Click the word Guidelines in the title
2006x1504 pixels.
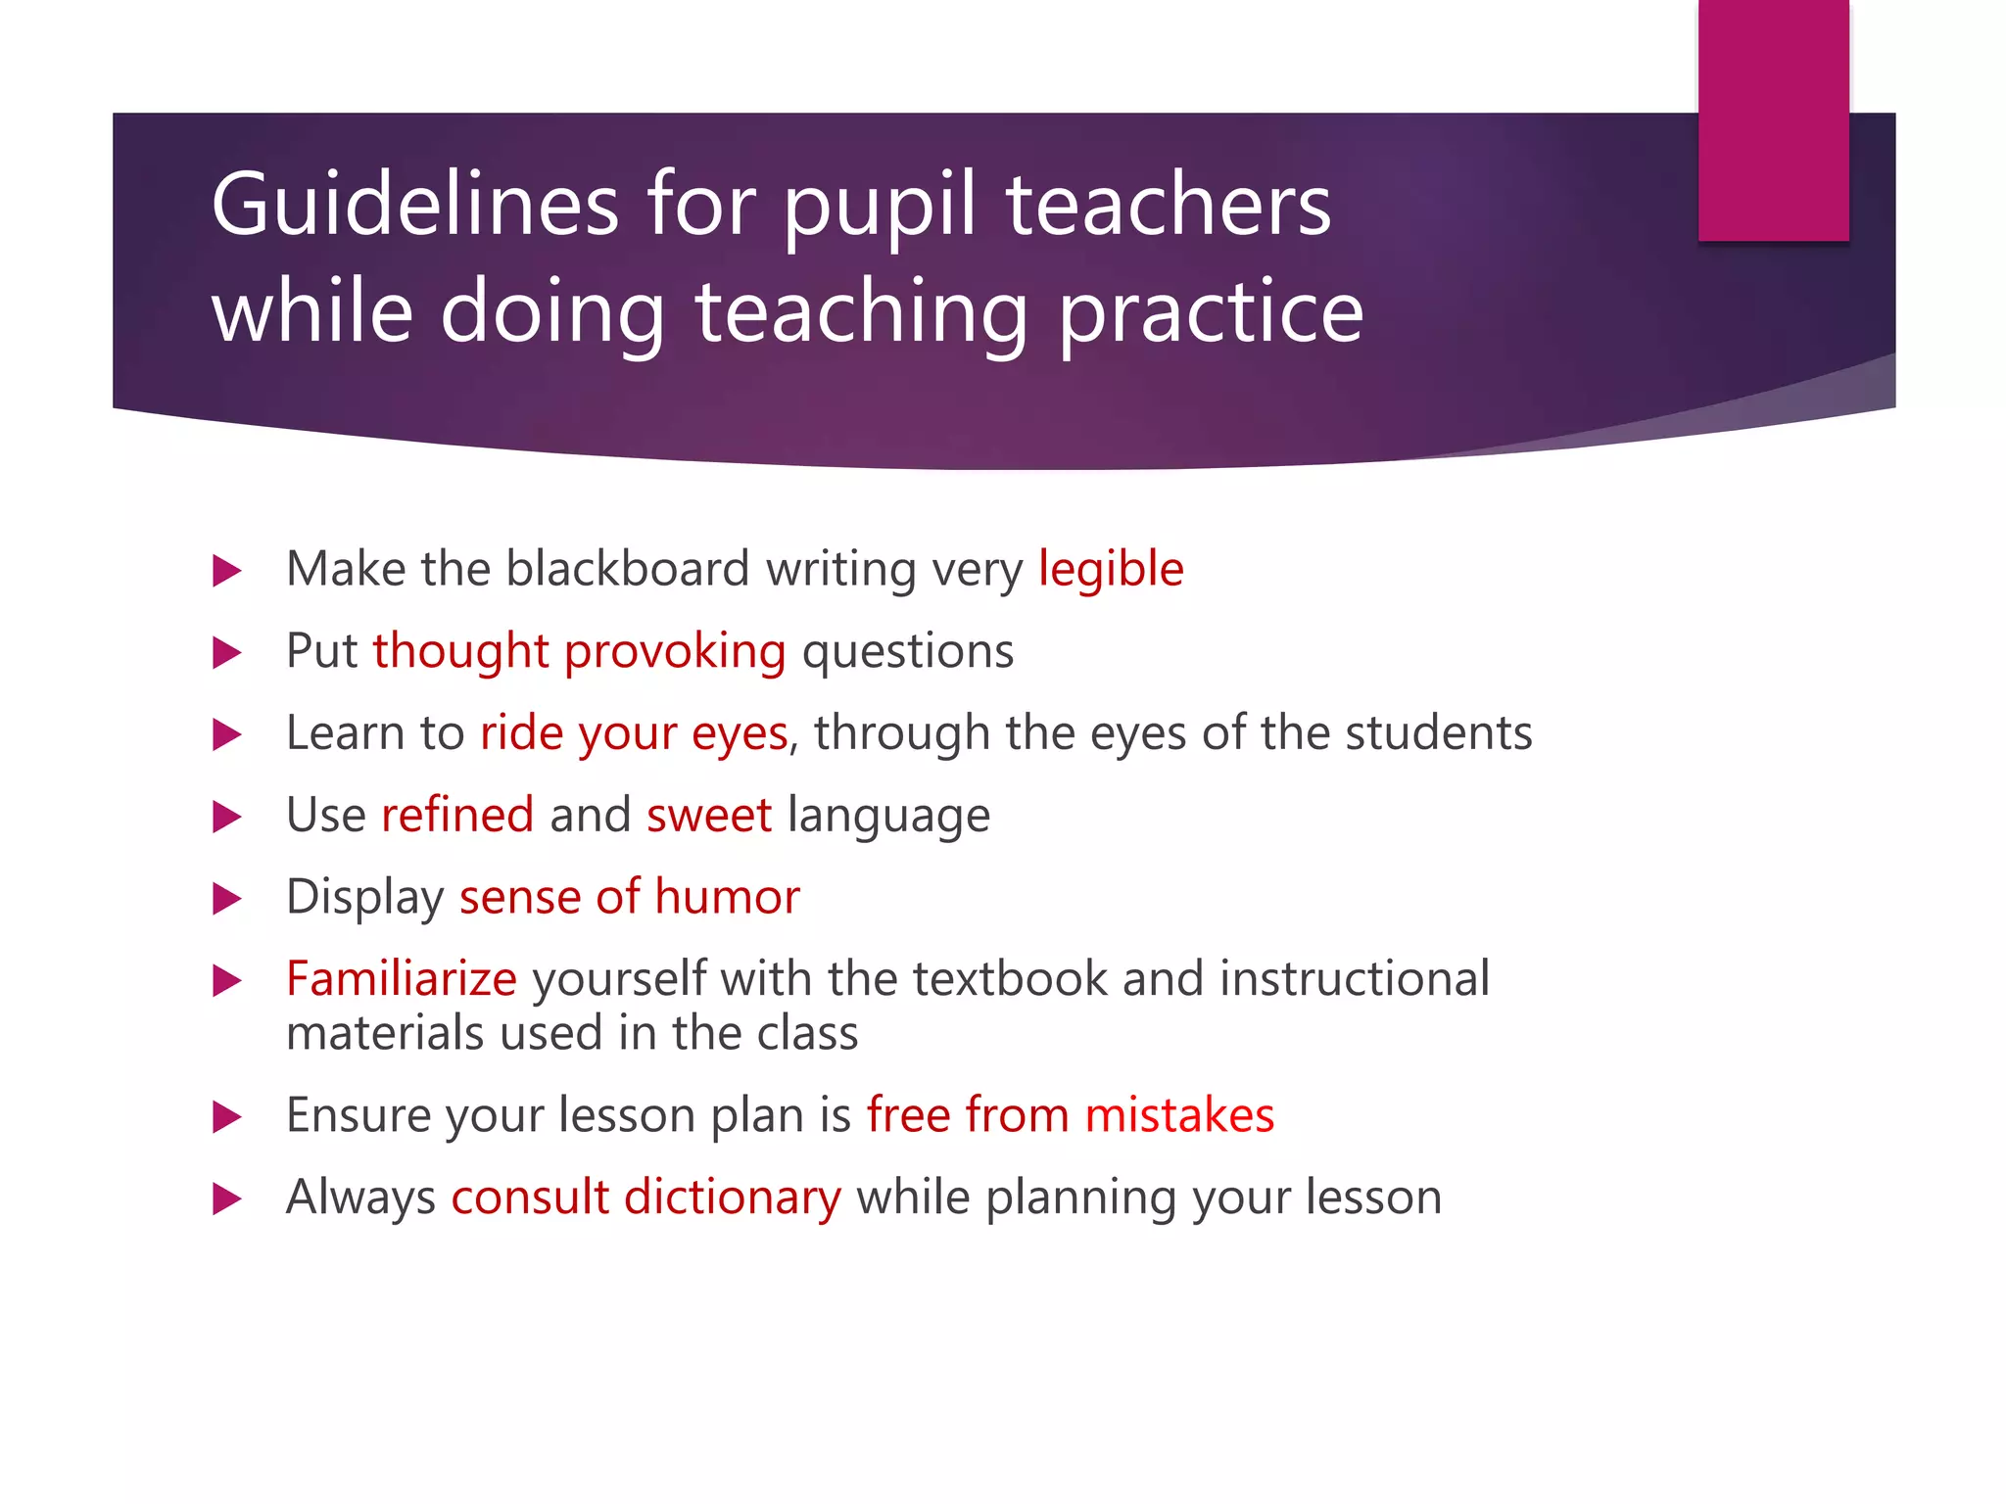click(414, 205)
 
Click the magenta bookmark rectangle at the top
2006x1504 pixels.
click(1773, 119)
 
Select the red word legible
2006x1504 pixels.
click(1111, 570)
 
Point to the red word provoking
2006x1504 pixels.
click(675, 652)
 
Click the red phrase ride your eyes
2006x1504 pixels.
click(634, 733)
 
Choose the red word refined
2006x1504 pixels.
click(457, 816)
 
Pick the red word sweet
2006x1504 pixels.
click(709, 816)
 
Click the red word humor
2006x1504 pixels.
click(728, 897)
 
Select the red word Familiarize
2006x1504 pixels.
click(402, 979)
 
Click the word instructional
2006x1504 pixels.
click(1355, 979)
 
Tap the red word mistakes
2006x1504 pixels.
click(1179, 1115)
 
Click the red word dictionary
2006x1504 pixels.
click(733, 1198)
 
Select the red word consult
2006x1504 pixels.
click(530, 1198)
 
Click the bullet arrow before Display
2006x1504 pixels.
click(227, 898)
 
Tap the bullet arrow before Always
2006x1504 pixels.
click(227, 1198)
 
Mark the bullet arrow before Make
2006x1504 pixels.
click(227, 571)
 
